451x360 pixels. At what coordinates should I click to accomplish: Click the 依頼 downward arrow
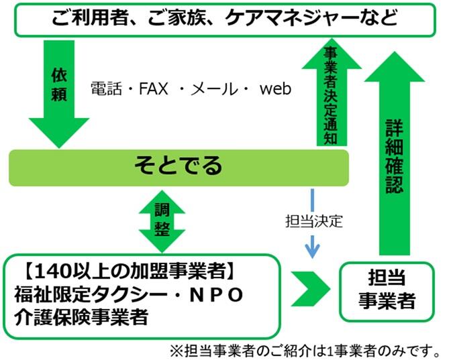tap(59, 94)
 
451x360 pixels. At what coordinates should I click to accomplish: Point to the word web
tap(275, 88)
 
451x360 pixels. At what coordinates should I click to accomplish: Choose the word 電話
tap(108, 88)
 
